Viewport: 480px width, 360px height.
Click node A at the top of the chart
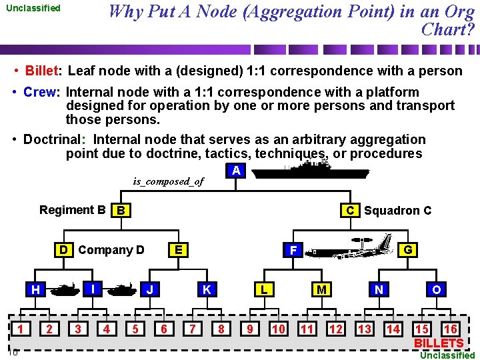(236, 171)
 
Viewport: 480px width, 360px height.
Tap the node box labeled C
(349, 211)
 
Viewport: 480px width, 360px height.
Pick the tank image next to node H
(65, 289)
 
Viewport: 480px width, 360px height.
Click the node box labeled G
(407, 250)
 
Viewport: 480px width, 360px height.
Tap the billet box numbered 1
(21, 329)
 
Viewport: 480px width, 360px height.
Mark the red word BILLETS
(438, 343)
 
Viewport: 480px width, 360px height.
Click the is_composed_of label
(168, 181)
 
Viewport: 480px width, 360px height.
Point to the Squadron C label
(397, 211)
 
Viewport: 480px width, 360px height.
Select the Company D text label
(111, 250)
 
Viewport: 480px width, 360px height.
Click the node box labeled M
(321, 289)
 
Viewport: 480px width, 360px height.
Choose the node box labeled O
(436, 289)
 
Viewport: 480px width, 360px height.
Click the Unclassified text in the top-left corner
(33, 9)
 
